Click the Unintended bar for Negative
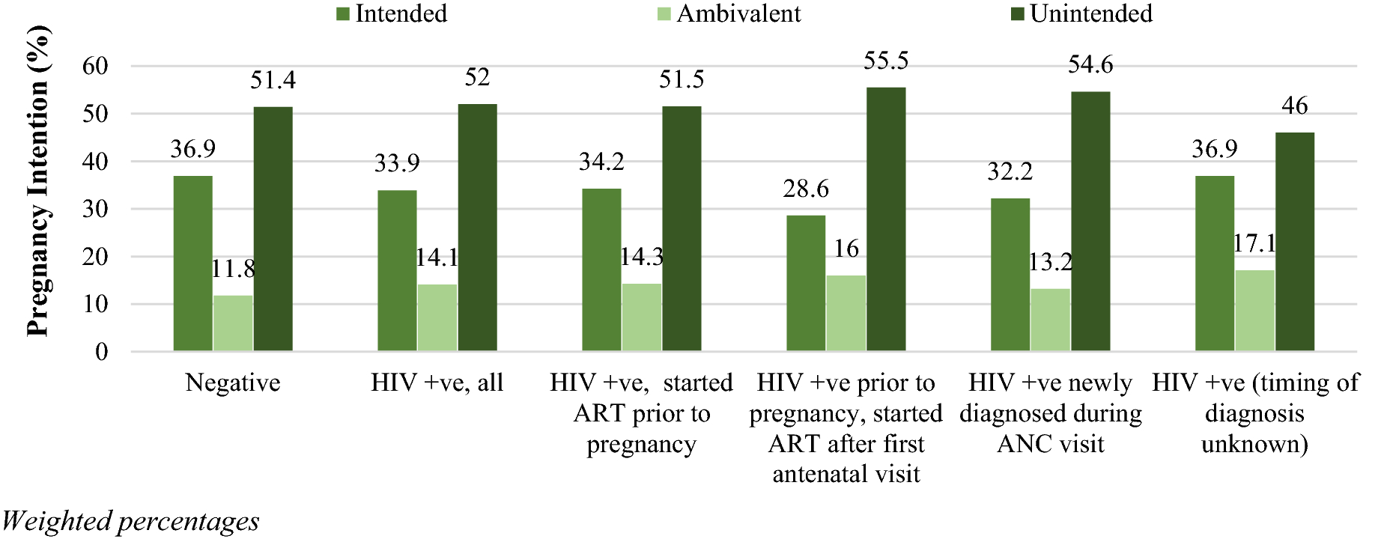point(273,229)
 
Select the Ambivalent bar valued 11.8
point(233,323)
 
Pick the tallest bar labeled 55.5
point(886,219)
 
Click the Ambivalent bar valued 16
point(846,313)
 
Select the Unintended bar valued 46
point(1294,242)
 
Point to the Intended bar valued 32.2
point(1010,275)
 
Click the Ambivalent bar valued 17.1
point(1254,311)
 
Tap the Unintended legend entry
point(1081,13)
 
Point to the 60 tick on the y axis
point(95,66)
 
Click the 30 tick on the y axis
point(95,209)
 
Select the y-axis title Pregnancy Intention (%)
point(37,181)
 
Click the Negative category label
point(233,383)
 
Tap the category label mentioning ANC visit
point(1050,413)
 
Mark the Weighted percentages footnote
point(130,521)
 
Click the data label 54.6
point(1090,65)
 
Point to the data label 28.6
point(806,189)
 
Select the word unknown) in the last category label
point(1254,444)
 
